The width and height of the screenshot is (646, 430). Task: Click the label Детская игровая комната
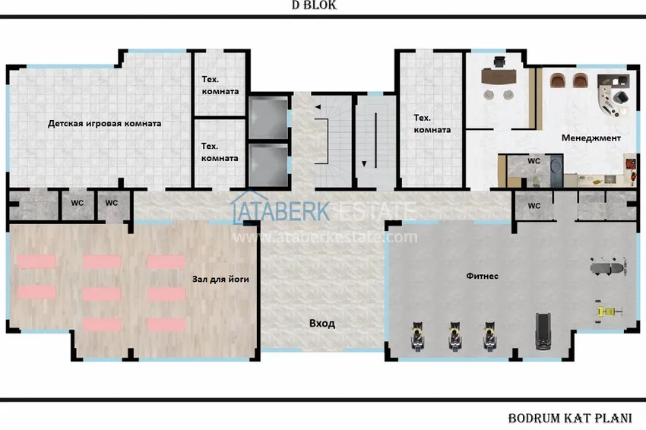pyautogui.click(x=105, y=124)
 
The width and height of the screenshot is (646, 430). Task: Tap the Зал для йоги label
pyautogui.click(x=220, y=280)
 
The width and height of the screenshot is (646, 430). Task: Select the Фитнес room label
pyautogui.click(x=482, y=276)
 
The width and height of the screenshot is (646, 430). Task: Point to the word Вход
pyautogui.click(x=322, y=324)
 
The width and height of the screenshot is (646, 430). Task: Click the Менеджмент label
pyautogui.click(x=591, y=138)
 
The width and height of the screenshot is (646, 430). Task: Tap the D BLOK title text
pyautogui.click(x=315, y=5)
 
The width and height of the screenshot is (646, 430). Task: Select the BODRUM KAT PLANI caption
pyautogui.click(x=570, y=419)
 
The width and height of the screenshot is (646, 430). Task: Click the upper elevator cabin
pyautogui.click(x=268, y=119)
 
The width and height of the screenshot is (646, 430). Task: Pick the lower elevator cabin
pyautogui.click(x=268, y=165)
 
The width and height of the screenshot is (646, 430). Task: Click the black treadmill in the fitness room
pyautogui.click(x=543, y=331)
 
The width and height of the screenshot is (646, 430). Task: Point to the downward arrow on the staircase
pyautogui.click(x=364, y=164)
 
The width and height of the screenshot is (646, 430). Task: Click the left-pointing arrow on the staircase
pyautogui.click(x=318, y=107)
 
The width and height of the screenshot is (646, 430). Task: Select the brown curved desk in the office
pyautogui.click(x=499, y=77)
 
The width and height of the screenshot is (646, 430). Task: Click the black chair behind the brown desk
pyautogui.click(x=499, y=62)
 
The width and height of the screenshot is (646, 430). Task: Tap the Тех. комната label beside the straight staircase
pyautogui.click(x=432, y=124)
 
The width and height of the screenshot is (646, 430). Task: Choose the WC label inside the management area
pyautogui.click(x=534, y=161)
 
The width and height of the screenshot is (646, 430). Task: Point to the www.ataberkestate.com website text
pyautogui.click(x=325, y=237)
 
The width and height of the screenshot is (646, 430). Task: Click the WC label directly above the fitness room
pyautogui.click(x=534, y=206)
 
